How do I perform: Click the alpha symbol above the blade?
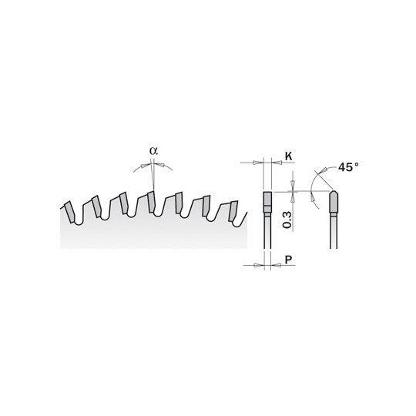(153, 151)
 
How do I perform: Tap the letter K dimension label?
(288, 156)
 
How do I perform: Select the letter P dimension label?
(288, 260)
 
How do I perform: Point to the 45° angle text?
(348, 167)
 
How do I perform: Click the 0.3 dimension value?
(287, 220)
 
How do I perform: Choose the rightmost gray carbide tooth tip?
(233, 211)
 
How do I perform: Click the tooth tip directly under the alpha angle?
(151, 202)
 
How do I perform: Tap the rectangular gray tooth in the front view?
(267, 202)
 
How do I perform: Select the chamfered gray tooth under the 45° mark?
(334, 201)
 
